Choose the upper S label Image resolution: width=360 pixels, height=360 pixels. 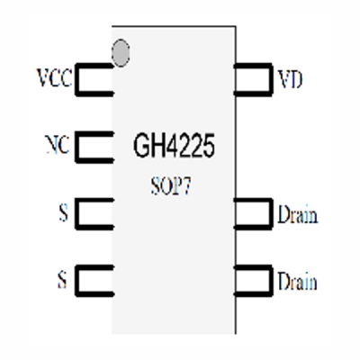click(62, 215)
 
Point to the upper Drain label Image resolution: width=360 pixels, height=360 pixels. click(298, 215)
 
